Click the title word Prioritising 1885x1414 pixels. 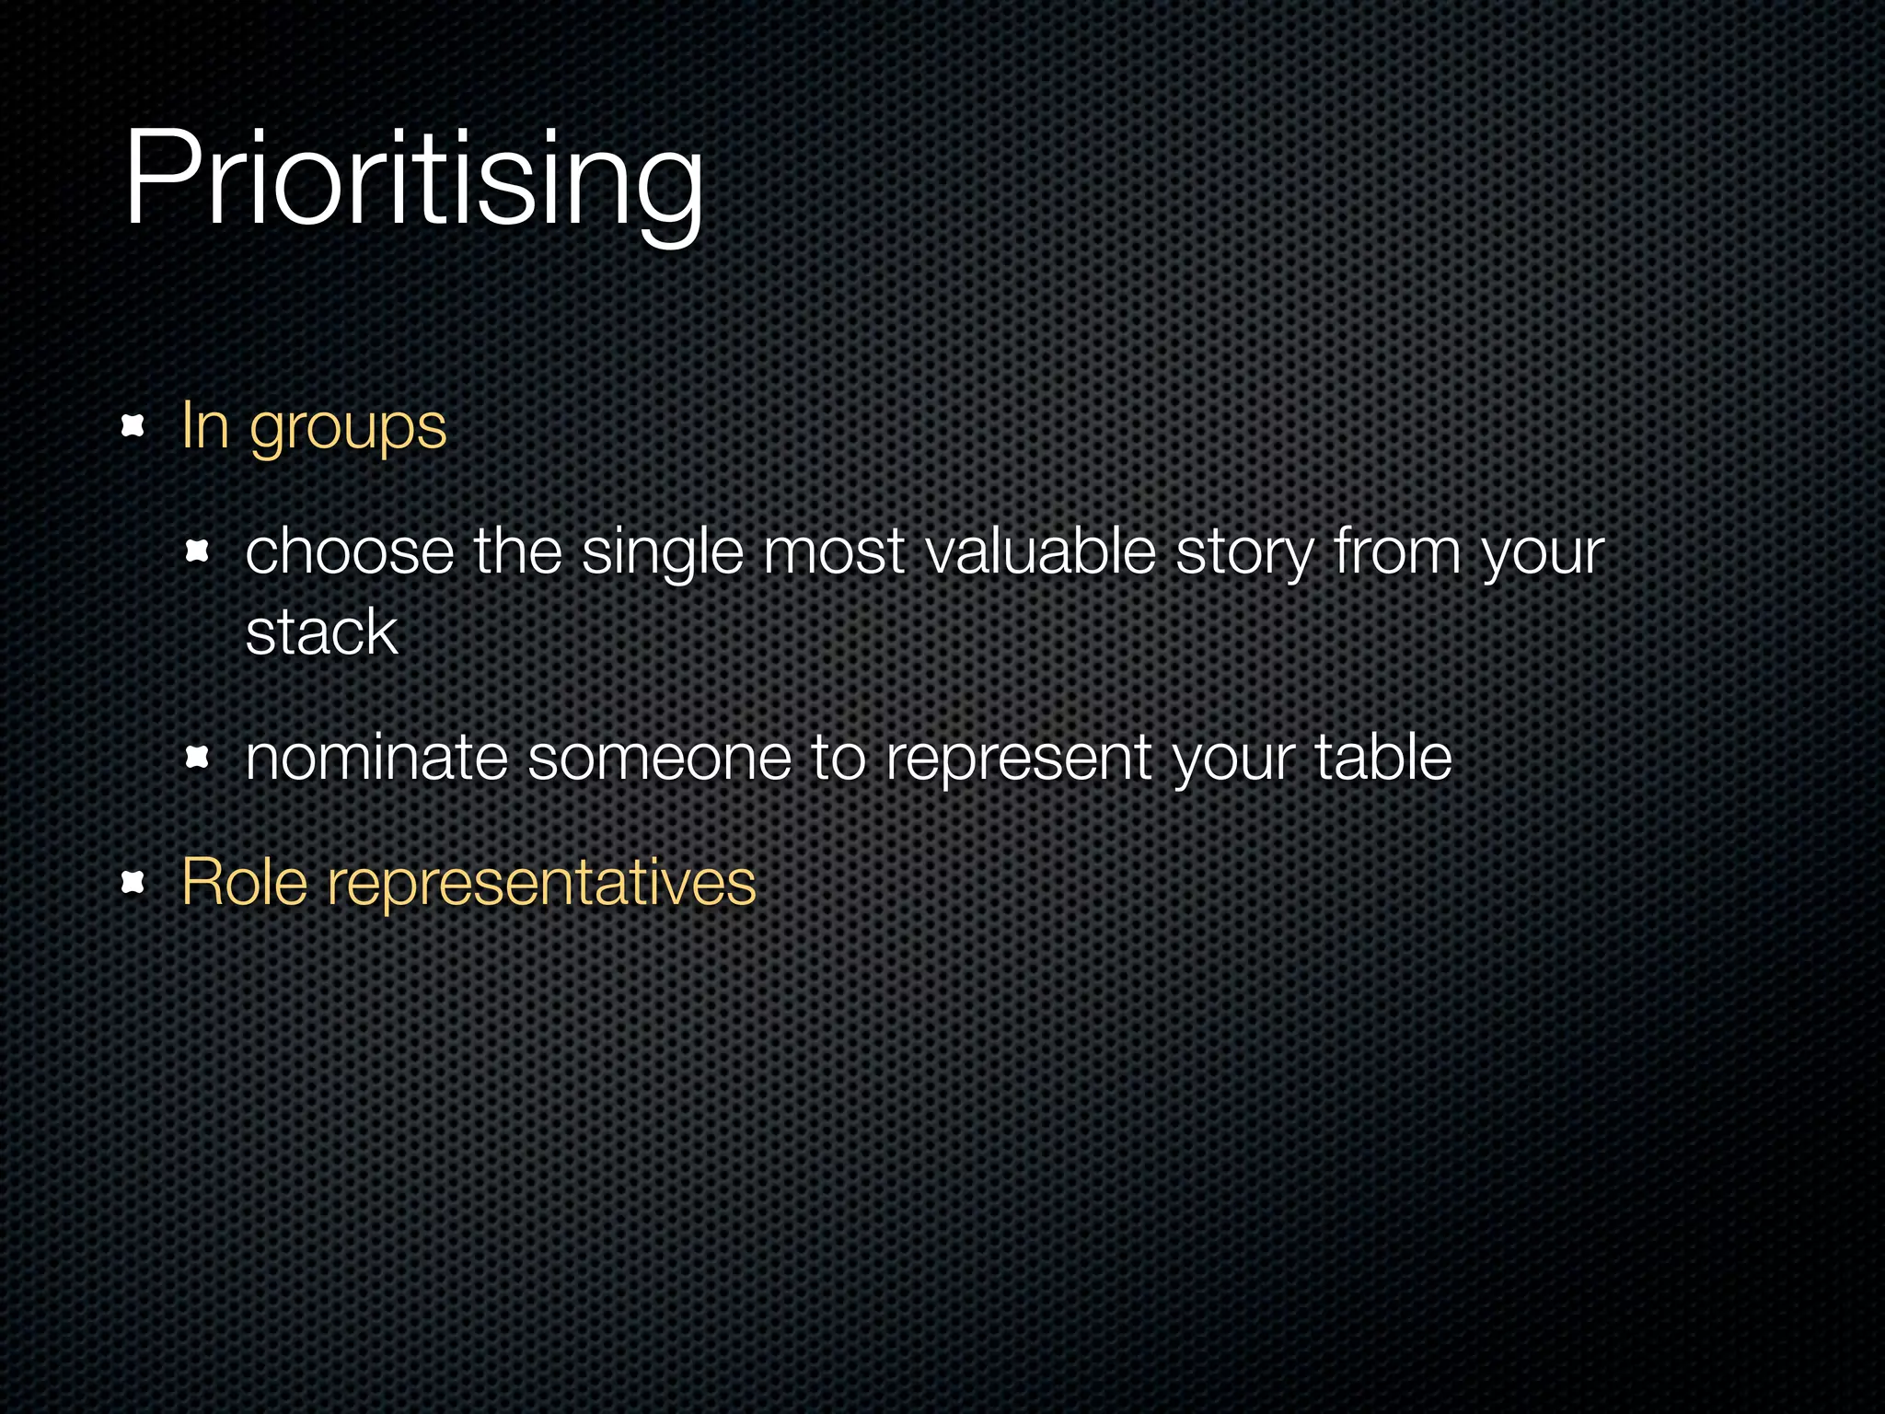[414, 180]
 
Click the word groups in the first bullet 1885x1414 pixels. [348, 428]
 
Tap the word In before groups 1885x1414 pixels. [204, 425]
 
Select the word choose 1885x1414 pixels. [350, 552]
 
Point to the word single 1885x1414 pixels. [662, 554]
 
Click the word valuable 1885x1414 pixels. [1040, 552]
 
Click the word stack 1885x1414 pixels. [321, 632]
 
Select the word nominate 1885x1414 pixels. [376, 759]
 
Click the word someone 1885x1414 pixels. [659, 759]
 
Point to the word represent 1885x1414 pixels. [1018, 760]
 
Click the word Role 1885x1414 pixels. [244, 882]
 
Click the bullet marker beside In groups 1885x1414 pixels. [133, 426]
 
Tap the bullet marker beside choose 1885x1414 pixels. [197, 552]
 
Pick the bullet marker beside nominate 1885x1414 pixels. [197, 759]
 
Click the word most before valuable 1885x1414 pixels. [834, 554]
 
